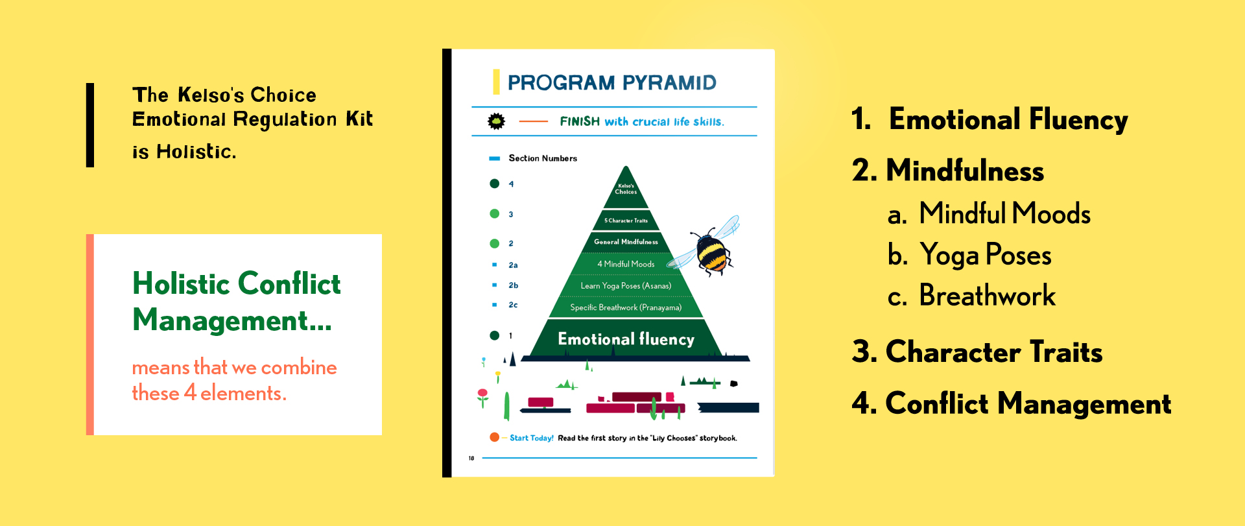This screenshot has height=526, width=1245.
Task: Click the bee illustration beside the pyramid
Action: [707, 246]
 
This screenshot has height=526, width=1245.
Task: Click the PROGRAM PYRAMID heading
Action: [611, 82]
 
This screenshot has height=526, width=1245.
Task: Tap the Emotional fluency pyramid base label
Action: [626, 339]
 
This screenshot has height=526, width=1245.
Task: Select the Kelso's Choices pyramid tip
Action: [626, 189]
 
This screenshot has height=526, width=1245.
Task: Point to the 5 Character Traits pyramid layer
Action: [626, 221]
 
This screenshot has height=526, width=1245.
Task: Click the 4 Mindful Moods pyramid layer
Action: [626, 264]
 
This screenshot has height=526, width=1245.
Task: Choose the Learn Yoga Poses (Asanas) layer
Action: [626, 286]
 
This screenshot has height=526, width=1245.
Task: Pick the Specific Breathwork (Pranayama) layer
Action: [626, 307]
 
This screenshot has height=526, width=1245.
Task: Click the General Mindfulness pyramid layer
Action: [626, 242]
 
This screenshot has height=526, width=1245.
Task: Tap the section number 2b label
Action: [513, 285]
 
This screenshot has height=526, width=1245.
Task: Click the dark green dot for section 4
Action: [494, 184]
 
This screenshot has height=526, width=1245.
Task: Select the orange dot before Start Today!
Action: [494, 437]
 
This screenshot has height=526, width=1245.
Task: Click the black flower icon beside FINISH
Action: [496, 121]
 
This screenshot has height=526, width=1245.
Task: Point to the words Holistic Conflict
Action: [237, 283]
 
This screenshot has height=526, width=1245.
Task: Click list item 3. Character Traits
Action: [977, 352]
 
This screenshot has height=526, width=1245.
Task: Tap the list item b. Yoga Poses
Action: [969, 255]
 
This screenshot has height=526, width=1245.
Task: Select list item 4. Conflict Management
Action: [1012, 403]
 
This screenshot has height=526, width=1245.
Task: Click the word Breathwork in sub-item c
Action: [988, 295]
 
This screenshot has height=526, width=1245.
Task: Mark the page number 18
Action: [471, 458]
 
